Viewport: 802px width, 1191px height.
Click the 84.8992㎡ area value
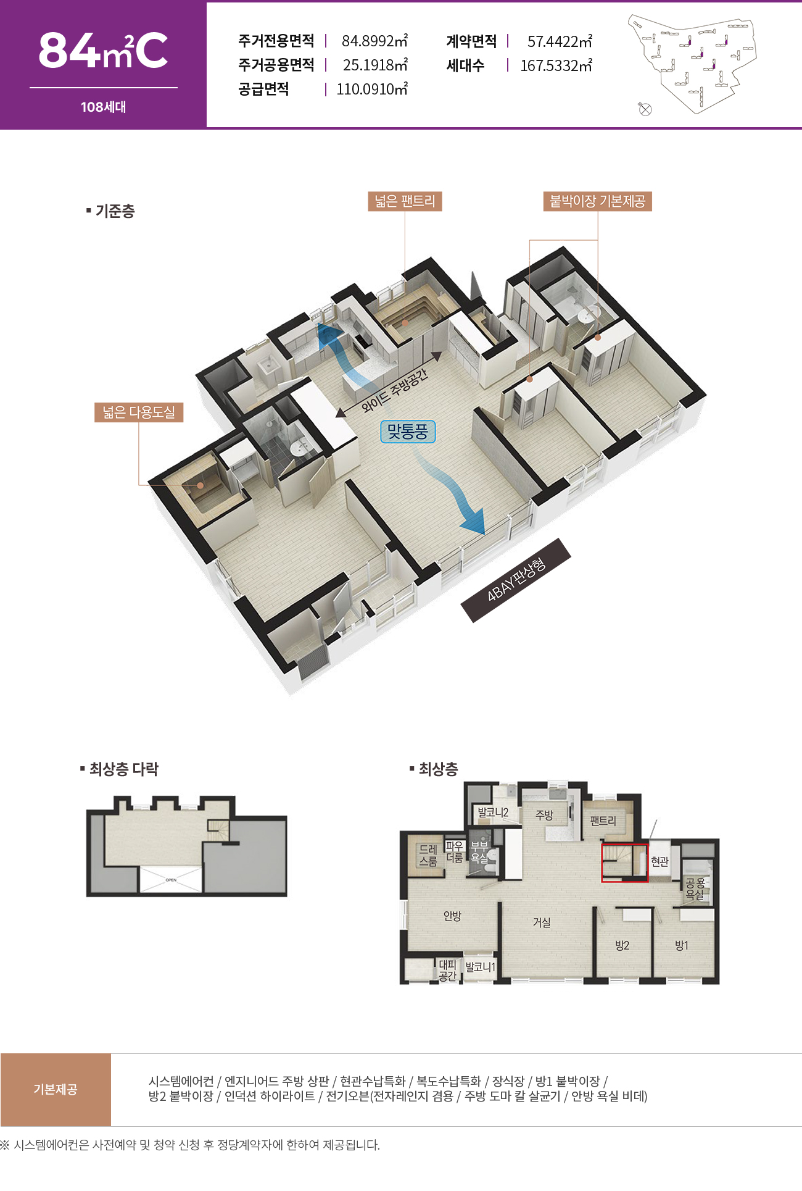click(x=374, y=41)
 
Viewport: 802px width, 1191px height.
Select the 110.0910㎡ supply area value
click(x=372, y=89)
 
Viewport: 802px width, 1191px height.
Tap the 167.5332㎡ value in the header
click(x=556, y=65)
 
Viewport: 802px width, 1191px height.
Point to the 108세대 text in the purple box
click(x=103, y=107)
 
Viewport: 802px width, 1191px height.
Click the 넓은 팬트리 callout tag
click(x=405, y=201)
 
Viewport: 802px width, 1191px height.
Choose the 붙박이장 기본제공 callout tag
click(x=597, y=201)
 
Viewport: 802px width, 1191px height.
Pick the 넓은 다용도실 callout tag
click(x=139, y=412)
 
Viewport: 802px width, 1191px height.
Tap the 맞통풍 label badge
click(x=408, y=432)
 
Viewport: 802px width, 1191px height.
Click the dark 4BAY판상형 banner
click(x=516, y=580)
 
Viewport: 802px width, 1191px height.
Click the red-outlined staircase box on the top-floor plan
click(x=625, y=863)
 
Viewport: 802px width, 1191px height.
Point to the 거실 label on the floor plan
click(x=542, y=922)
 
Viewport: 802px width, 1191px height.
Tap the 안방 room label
click(x=452, y=916)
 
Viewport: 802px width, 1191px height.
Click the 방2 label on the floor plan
click(x=622, y=945)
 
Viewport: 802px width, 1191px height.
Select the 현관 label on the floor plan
click(x=659, y=861)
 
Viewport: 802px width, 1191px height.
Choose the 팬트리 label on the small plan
click(x=603, y=821)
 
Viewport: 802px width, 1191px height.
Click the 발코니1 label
click(x=480, y=967)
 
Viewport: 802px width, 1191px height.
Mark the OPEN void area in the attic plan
click(x=171, y=879)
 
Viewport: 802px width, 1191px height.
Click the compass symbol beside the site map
click(x=645, y=109)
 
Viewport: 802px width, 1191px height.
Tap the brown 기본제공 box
click(x=56, y=1090)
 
